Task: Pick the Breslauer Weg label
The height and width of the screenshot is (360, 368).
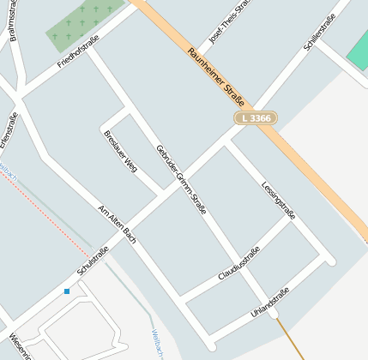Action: (120, 151)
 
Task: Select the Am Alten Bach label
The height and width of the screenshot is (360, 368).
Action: (118, 223)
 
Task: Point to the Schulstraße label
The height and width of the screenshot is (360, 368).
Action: (96, 257)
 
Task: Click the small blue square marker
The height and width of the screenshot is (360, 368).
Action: (67, 291)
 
